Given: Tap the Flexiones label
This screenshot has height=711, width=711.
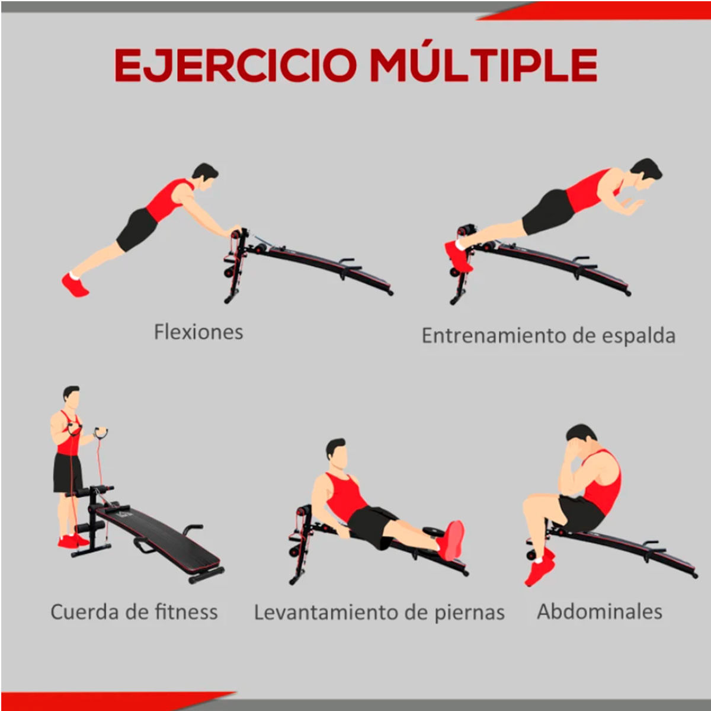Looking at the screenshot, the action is tap(198, 332).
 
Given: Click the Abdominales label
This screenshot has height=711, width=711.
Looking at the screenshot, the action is tap(600, 611).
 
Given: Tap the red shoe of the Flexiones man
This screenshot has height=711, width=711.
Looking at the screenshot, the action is tap(75, 285).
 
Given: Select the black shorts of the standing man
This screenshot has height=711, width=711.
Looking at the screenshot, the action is tap(68, 473).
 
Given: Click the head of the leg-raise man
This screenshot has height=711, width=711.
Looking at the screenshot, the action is tap(337, 453).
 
